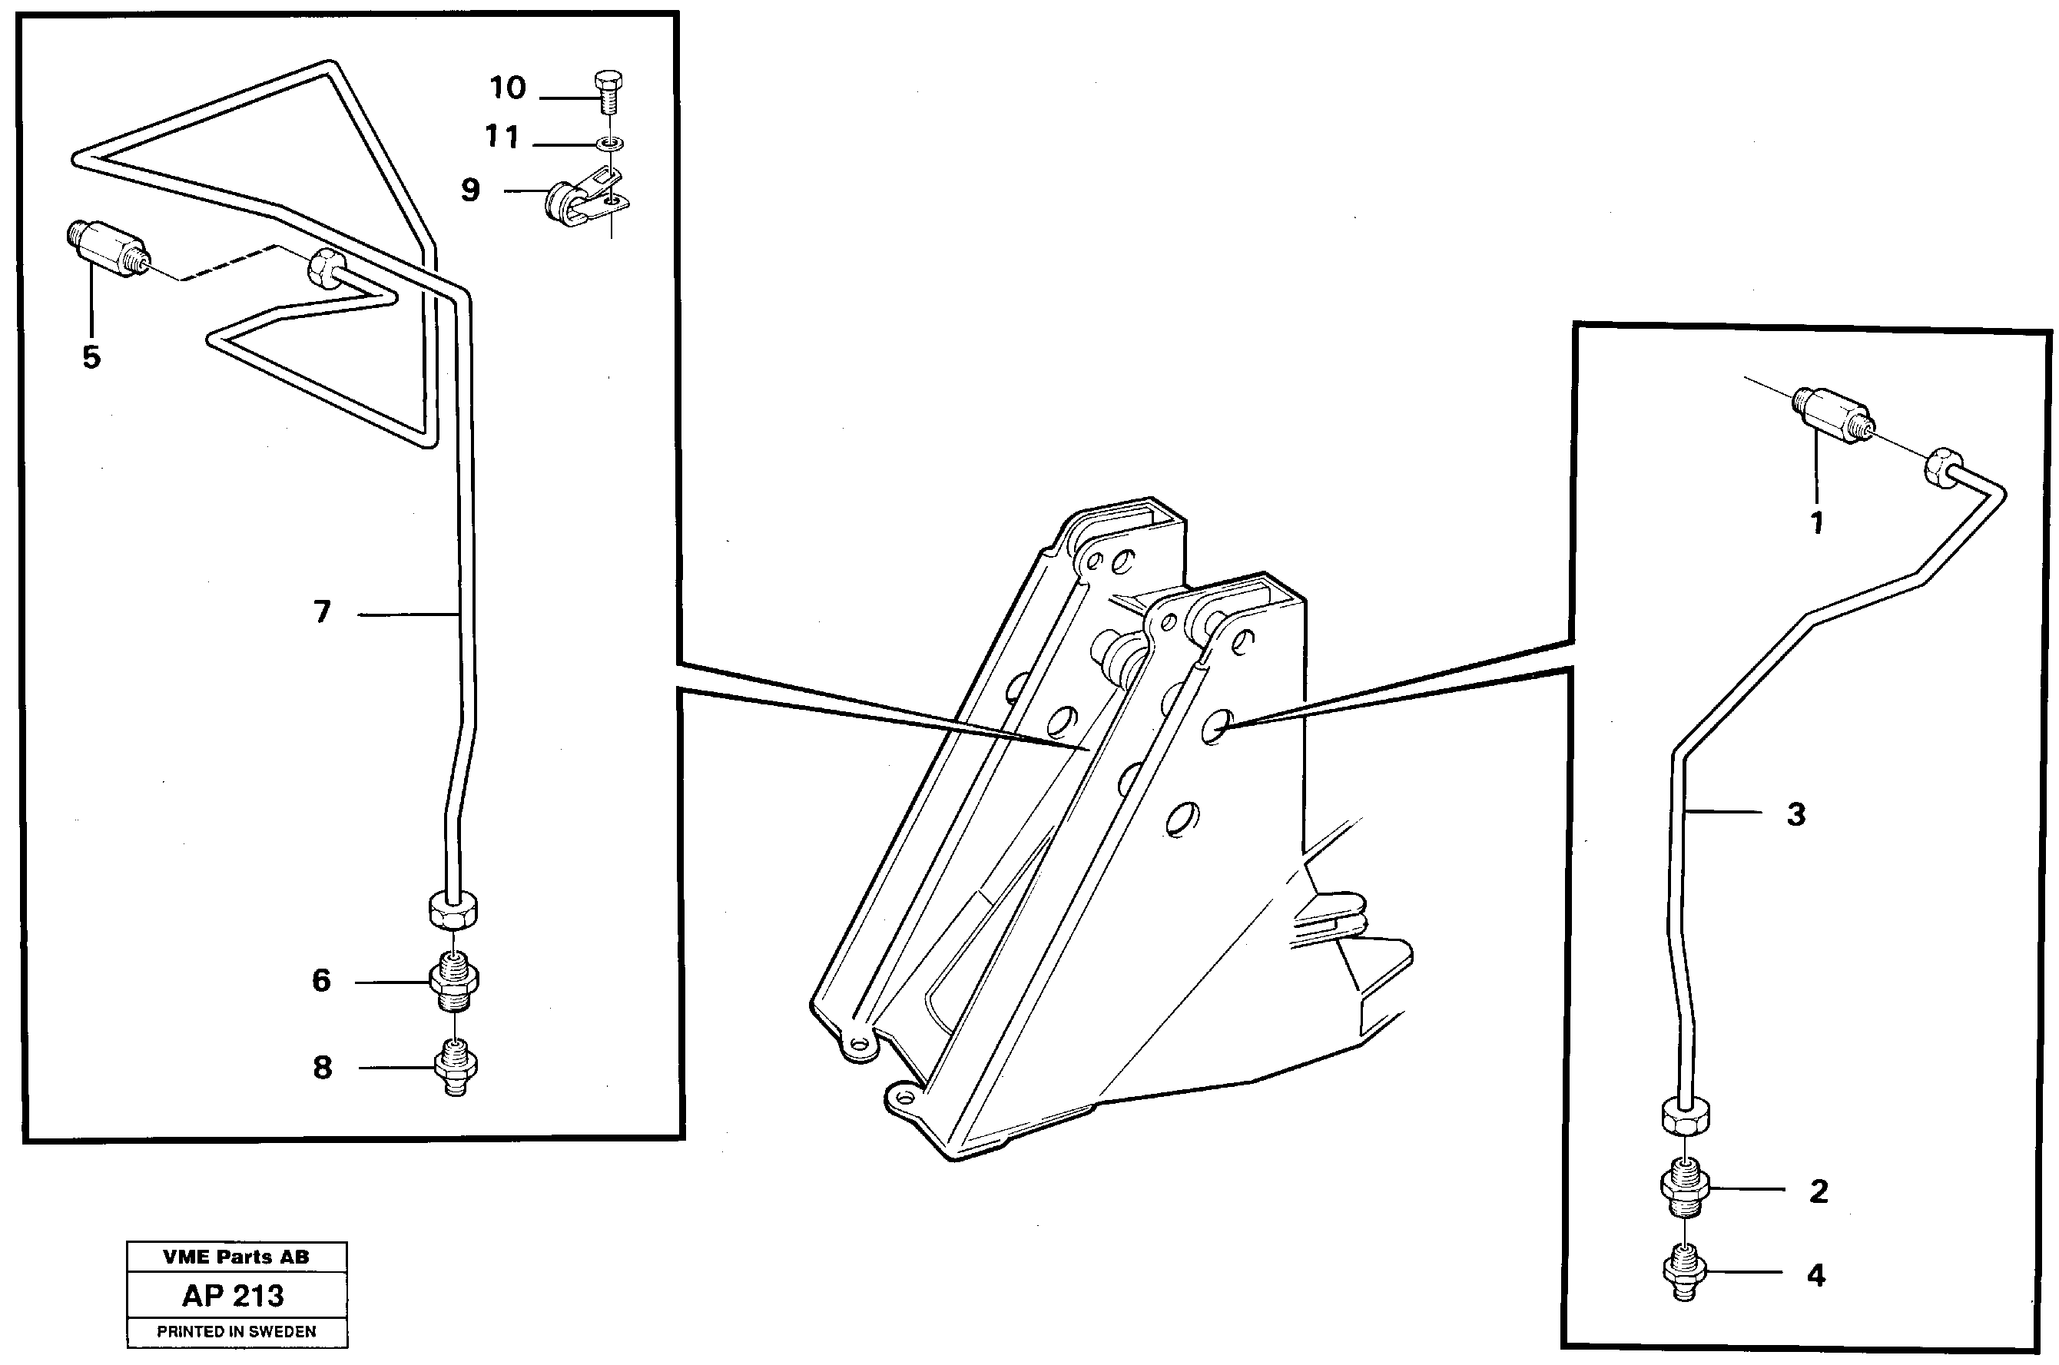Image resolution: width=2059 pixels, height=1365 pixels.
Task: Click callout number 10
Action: click(508, 88)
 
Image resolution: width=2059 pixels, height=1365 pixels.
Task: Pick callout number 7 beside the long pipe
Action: click(322, 613)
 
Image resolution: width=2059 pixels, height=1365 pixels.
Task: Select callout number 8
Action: click(322, 1067)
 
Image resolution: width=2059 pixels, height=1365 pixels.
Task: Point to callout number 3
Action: click(1796, 815)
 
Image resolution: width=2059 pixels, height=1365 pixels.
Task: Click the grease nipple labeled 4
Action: click(1686, 1273)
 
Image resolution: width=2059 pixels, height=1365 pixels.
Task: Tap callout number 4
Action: click(1816, 1275)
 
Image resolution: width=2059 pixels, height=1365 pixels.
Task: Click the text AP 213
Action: click(234, 1295)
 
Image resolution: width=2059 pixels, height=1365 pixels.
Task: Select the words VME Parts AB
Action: click(236, 1256)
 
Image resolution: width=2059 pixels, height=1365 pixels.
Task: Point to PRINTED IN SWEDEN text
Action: click(237, 1332)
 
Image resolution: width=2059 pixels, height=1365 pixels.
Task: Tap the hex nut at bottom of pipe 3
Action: click(1686, 1116)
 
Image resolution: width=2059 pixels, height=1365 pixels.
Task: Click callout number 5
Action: click(91, 357)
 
